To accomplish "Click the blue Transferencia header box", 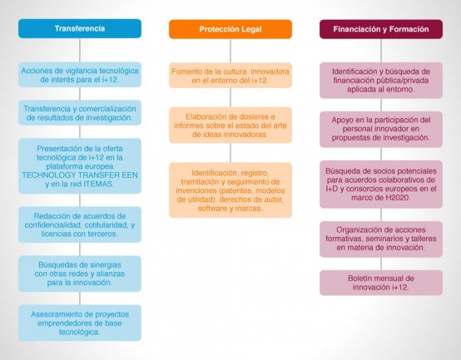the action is point(80,28).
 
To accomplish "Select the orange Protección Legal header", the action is point(230,29).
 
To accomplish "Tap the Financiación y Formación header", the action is point(381,29).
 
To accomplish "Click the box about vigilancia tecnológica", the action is point(80,75).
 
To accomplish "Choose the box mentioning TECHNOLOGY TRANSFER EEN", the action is point(80,166).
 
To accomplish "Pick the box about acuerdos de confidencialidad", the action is point(80,224).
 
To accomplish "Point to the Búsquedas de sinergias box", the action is point(80,274).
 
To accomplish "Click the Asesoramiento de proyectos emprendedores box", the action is point(80,323).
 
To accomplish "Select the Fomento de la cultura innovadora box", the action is point(230,76).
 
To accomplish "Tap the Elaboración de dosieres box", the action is point(230,125).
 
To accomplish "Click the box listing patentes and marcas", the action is point(230,190).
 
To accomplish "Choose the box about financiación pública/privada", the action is point(381,80).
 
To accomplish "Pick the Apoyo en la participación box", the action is point(381,129).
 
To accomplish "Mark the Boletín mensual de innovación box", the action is point(381,283).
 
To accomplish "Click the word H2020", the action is point(397,198).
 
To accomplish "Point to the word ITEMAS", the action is point(98,184).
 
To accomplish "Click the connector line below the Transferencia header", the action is point(80,50).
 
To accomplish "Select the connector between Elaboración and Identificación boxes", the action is point(230,153).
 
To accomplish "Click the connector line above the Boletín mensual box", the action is point(381,264).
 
